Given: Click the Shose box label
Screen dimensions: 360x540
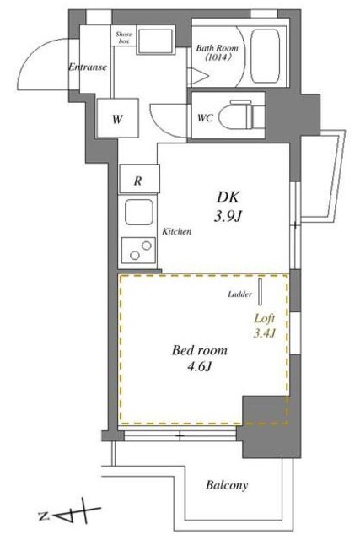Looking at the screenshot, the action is click(x=124, y=37).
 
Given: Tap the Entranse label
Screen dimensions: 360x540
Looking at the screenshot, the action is click(x=88, y=67).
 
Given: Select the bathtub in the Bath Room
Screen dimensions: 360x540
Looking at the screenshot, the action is click(x=265, y=57).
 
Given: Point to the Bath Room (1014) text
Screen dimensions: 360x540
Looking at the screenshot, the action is click(x=217, y=52).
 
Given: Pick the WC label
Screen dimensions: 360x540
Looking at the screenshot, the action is click(x=205, y=118).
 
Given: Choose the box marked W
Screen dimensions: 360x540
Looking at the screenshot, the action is click(x=118, y=118).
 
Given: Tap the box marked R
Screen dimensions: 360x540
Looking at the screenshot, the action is click(x=139, y=179).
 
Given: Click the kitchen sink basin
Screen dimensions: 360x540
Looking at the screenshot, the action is click(x=139, y=212).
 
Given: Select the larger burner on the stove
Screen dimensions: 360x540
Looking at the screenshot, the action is click(x=146, y=246).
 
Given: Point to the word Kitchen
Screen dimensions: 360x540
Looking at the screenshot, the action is click(x=176, y=231).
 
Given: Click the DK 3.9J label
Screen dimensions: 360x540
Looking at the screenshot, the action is click(x=228, y=207).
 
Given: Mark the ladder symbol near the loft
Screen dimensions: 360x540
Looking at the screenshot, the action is click(x=261, y=292).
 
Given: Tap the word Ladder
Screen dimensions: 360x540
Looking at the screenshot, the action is click(x=240, y=294).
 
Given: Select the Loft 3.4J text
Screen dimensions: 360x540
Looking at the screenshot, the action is click(x=265, y=326).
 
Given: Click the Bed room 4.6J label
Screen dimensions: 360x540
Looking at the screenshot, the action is click(x=200, y=359).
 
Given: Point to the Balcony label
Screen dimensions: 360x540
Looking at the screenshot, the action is click(x=227, y=485).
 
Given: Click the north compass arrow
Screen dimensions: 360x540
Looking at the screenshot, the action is click(x=70, y=516).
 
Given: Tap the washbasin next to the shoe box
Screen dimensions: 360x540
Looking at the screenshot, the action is click(x=154, y=41).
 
